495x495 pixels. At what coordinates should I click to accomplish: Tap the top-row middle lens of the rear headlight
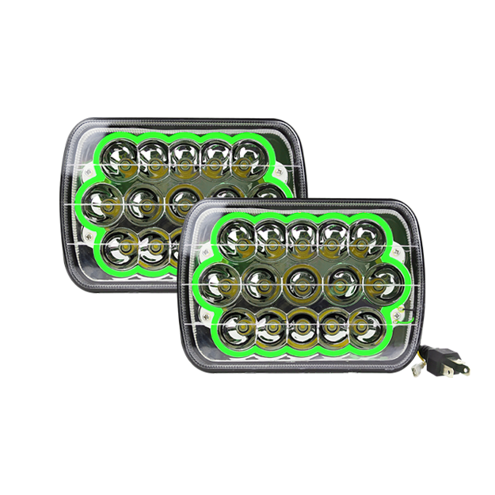[183, 154]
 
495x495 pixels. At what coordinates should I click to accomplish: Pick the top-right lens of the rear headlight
[247, 154]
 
